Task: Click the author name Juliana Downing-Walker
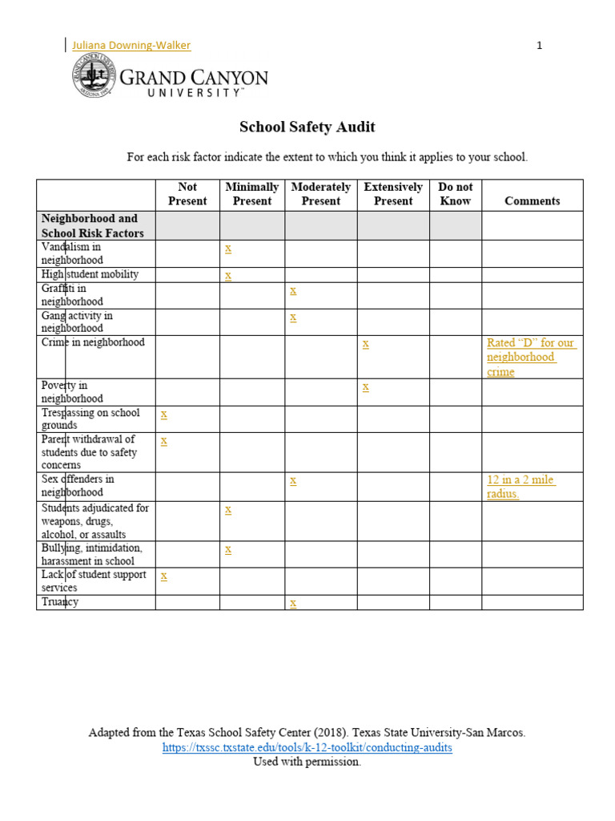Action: [131, 46]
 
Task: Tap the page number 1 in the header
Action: [539, 46]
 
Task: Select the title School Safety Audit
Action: [307, 127]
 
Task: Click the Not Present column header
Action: [187, 194]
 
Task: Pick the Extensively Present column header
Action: [393, 194]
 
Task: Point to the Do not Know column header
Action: [455, 194]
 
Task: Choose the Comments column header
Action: [532, 201]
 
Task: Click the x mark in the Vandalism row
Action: [228, 249]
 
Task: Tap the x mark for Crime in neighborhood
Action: [365, 343]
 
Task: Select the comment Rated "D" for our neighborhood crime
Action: [530, 358]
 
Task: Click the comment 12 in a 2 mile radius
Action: [521, 487]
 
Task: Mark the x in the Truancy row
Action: [293, 603]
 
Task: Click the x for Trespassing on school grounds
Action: [164, 414]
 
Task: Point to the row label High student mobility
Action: [90, 274]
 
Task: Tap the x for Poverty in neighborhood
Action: [365, 386]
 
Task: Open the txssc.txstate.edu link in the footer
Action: [307, 747]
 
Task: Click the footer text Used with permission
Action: [307, 762]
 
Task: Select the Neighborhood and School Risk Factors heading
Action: [90, 225]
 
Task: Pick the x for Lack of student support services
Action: [164, 576]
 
